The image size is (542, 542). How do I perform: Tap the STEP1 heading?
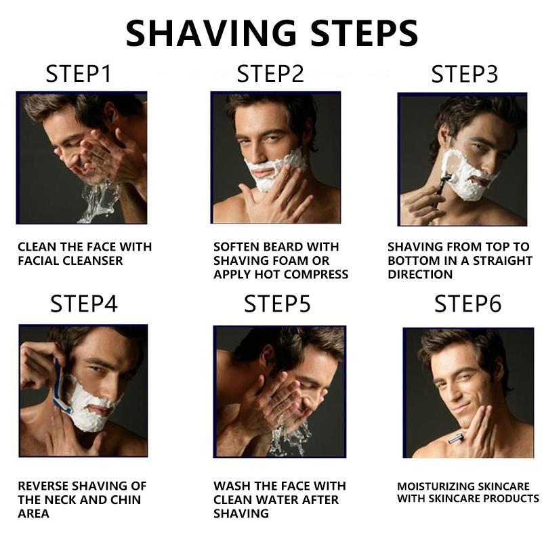[79, 74]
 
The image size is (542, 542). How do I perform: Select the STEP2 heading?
[270, 74]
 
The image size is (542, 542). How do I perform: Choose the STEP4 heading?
[84, 304]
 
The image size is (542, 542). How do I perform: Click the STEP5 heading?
[278, 304]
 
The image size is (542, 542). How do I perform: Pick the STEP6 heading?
[468, 304]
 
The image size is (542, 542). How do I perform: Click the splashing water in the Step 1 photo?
[95, 200]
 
